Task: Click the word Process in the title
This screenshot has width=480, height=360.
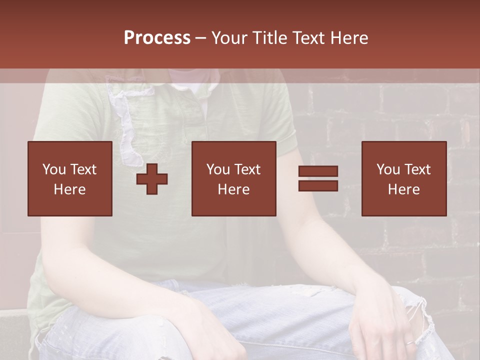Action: (x=157, y=38)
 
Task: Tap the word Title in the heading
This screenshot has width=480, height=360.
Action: (x=269, y=38)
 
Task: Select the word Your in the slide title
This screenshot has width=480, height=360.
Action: (x=230, y=38)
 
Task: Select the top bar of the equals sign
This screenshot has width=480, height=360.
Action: (x=318, y=171)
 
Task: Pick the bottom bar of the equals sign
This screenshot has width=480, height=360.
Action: (x=318, y=185)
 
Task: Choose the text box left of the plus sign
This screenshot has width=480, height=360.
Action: (x=69, y=178)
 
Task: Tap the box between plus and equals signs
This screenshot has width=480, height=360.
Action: (x=233, y=178)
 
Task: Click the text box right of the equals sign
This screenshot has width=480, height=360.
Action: (x=403, y=178)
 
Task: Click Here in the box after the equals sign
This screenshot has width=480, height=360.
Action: (x=403, y=189)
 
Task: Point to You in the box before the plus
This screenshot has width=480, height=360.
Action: (x=53, y=169)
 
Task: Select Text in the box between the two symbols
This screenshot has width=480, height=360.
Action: (x=247, y=169)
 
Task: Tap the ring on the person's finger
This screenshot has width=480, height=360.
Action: (x=409, y=343)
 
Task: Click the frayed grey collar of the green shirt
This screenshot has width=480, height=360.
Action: (x=125, y=120)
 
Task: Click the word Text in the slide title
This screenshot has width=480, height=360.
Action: (x=306, y=38)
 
